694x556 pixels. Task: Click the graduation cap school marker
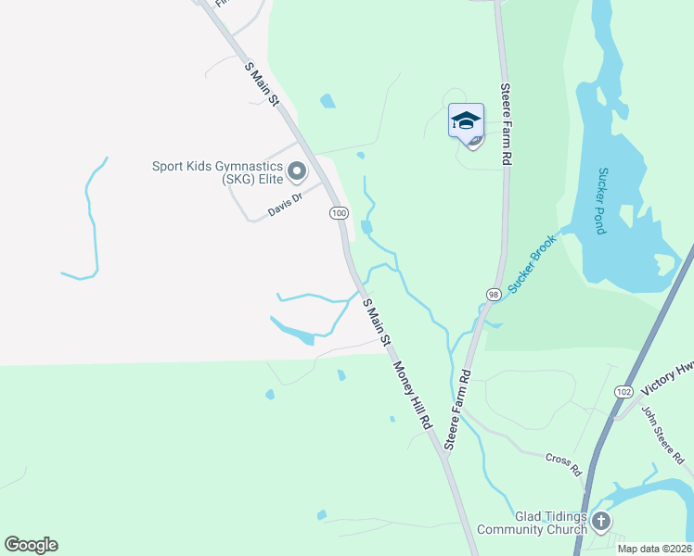[466, 120]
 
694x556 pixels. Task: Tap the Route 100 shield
[339, 214]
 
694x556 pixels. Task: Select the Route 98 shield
[493, 294]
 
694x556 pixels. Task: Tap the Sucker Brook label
[532, 265]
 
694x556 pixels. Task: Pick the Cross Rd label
[561, 459]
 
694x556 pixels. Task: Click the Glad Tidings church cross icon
[600, 522]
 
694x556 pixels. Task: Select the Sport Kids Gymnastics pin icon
[298, 171]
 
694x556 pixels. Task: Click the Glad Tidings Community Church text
[532, 524]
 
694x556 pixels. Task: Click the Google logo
[31, 545]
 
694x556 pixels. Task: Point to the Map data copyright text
[654, 549]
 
